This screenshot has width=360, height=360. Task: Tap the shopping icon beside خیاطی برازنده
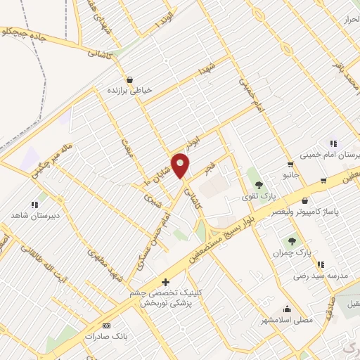129,79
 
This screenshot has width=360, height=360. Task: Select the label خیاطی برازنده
129,91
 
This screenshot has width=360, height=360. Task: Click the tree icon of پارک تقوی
259,185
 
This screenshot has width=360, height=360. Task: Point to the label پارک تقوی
257,196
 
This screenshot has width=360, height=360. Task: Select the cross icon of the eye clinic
165,282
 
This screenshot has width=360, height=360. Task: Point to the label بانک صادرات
106,337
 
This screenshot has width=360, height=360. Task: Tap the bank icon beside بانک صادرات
106,326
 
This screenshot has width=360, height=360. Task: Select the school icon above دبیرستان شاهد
34,203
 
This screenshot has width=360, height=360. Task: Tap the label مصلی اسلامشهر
286,319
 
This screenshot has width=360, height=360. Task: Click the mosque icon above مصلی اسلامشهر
286,308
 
